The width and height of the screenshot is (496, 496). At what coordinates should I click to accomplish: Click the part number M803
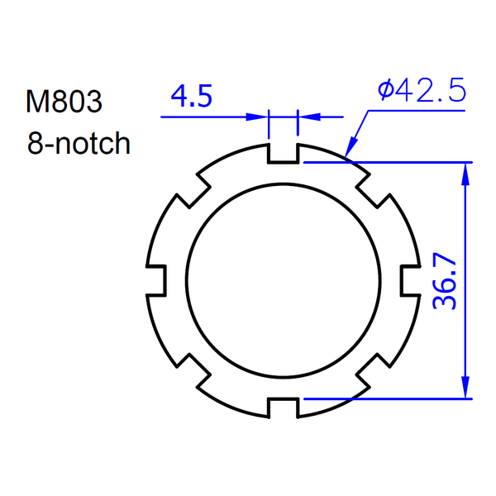(64, 102)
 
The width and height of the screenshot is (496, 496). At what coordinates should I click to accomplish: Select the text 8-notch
(79, 143)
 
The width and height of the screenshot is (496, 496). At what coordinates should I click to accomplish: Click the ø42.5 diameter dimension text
(422, 90)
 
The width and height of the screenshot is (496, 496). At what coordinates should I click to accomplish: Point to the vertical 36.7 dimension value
(446, 280)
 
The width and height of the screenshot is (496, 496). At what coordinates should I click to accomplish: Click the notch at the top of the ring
(283, 153)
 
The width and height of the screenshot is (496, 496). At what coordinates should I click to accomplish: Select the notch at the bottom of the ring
(283, 406)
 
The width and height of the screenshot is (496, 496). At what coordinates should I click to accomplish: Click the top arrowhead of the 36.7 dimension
(466, 170)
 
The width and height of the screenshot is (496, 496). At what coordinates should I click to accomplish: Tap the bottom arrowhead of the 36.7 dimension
(466, 389)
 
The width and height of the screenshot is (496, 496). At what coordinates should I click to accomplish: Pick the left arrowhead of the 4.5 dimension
(261, 117)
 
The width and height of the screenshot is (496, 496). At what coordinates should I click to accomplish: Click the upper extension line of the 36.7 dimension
(389, 162)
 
